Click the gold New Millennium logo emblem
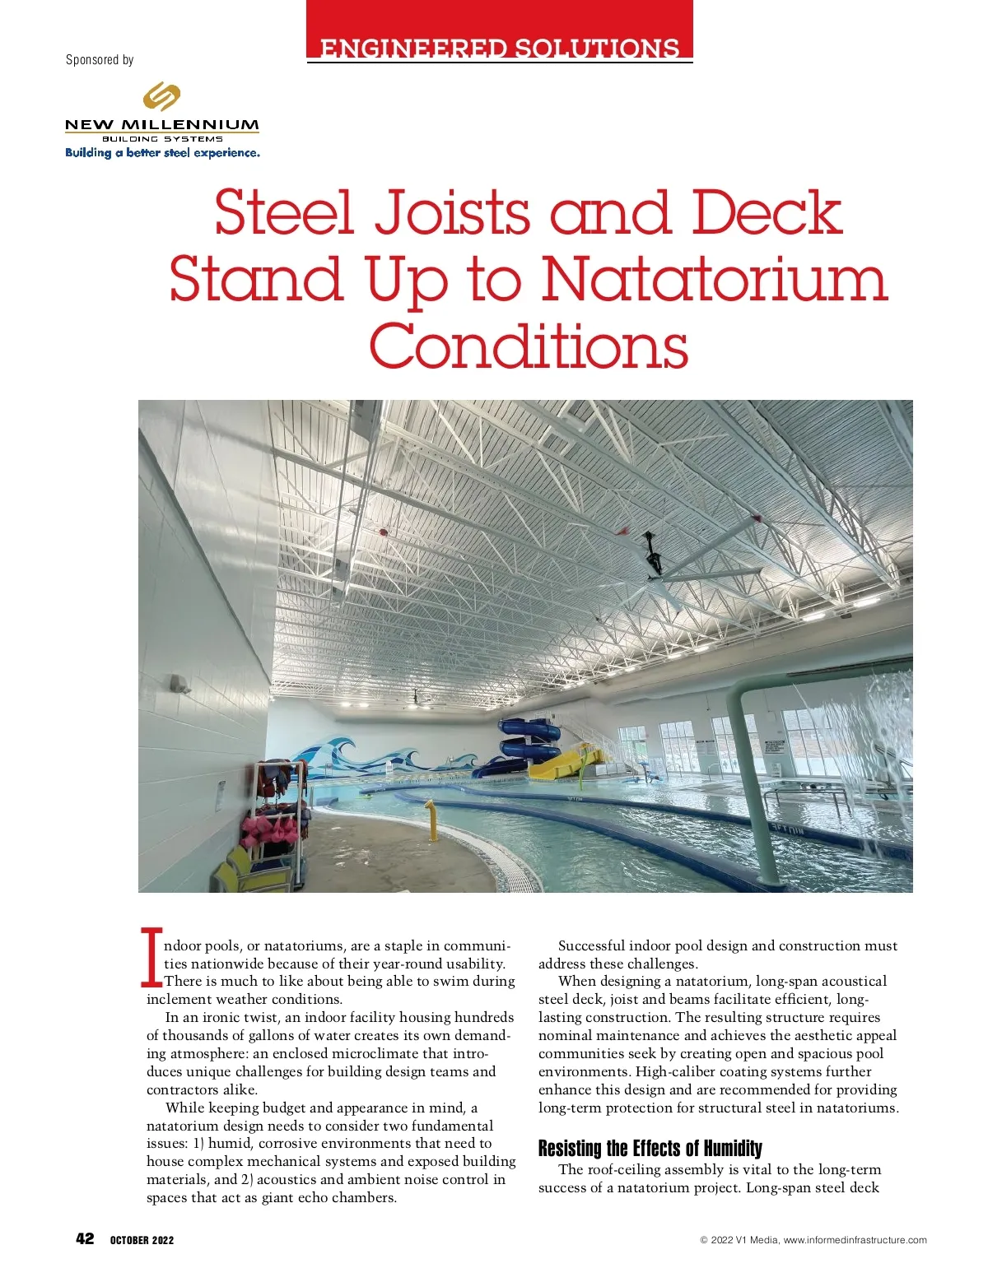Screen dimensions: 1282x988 [161, 96]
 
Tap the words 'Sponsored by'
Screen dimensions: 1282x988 [100, 60]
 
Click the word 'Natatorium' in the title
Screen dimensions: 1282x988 [714, 280]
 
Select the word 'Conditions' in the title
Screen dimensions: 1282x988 [528, 346]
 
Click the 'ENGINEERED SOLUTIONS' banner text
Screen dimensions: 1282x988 [499, 49]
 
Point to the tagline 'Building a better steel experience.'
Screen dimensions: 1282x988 [162, 153]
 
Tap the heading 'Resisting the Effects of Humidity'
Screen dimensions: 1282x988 [650, 1149]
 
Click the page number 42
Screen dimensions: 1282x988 [85, 1239]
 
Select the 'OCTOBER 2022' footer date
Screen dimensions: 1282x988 [142, 1240]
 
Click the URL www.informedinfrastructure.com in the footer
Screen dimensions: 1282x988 [855, 1240]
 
